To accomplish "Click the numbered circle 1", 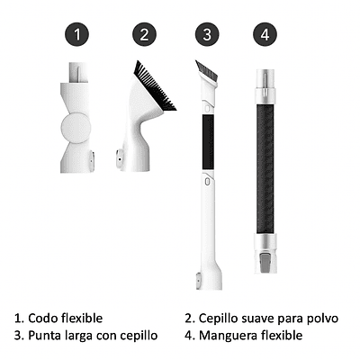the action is (76, 34).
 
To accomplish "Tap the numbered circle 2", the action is (144, 34).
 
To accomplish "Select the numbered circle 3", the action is (207, 34).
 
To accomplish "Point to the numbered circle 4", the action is (265, 34).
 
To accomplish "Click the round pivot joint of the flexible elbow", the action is (76, 128).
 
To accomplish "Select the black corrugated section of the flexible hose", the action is (265, 168).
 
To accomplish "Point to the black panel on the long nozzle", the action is (208, 142).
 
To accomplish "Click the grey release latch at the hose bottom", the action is (265, 263).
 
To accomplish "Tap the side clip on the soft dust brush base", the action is (120, 157).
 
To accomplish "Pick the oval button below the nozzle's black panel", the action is (207, 182).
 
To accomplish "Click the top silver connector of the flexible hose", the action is (265, 86).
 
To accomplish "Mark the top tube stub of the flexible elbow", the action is (78, 72).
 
